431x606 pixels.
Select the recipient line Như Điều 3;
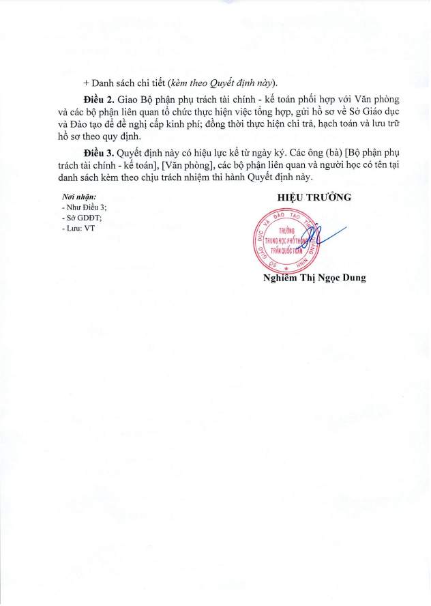[x=85, y=206]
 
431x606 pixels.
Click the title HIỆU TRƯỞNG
[x=314, y=197]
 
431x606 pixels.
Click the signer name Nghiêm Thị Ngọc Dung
[x=314, y=278]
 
